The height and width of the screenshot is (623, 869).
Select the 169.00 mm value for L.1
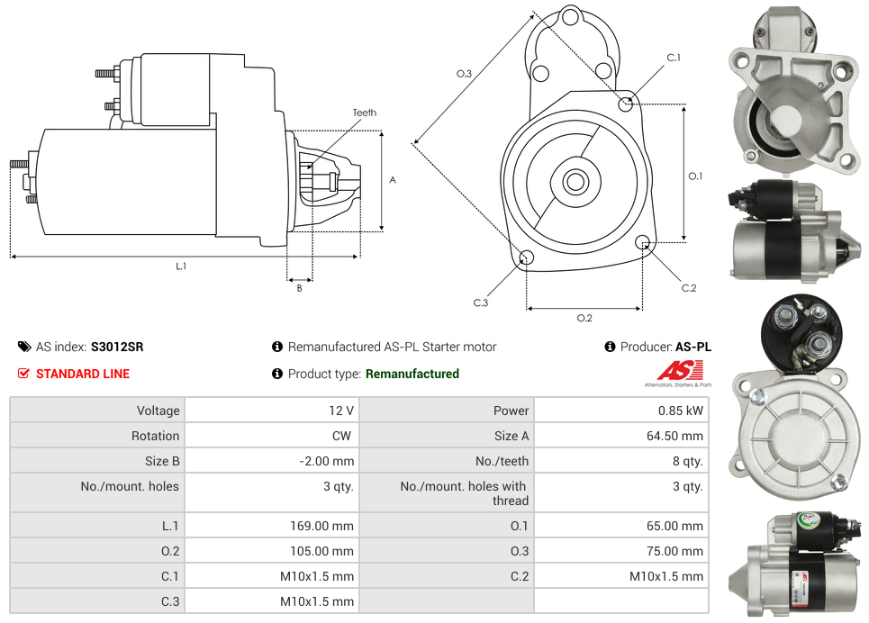316,526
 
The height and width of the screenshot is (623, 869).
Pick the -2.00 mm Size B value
326,461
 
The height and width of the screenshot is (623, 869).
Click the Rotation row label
155,436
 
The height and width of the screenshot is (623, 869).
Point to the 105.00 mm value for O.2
316,551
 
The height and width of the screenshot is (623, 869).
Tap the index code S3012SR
117,347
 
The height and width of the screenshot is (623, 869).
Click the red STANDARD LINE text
82,374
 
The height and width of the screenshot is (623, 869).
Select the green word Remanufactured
412,374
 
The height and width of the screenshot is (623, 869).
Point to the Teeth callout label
365,113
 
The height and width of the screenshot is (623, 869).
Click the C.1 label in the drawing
673,59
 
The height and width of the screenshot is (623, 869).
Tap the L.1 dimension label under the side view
181,266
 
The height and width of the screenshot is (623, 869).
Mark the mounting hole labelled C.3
527,259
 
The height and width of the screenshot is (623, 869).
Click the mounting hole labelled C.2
643,242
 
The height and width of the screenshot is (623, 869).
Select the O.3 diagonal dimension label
464,74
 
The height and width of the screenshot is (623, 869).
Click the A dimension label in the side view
393,180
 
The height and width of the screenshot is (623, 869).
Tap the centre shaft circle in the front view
575,182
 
